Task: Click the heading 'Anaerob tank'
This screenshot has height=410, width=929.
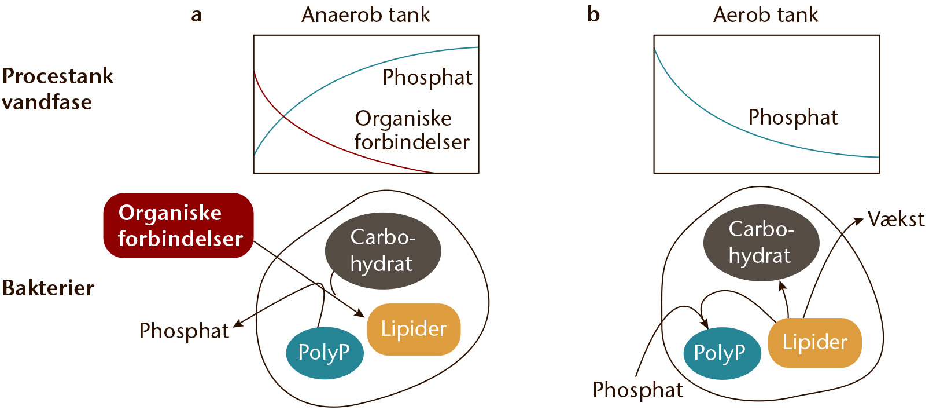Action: pos(366,15)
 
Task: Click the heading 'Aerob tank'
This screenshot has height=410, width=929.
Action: pos(765,15)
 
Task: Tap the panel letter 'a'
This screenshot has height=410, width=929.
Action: pos(197,16)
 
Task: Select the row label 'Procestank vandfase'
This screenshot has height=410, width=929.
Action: pos(58,89)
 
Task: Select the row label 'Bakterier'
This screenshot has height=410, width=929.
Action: pos(48,288)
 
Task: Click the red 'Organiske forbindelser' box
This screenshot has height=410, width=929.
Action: pos(178,226)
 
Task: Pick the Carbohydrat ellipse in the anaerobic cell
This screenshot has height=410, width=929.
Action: pos(383,251)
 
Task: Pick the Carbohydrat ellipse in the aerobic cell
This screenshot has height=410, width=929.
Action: pos(761,243)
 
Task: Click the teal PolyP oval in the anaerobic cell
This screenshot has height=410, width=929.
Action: pos(325,353)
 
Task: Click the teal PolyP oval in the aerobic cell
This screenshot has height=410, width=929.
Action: pos(722,353)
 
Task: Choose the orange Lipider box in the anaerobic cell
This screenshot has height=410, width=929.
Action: pos(414,330)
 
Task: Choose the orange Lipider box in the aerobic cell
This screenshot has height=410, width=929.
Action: pos(815,343)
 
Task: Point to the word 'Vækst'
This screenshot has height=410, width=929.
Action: pos(896,219)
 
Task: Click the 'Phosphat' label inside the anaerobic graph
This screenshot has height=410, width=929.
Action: pos(427,78)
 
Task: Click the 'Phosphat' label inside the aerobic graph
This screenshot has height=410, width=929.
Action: pos(793,118)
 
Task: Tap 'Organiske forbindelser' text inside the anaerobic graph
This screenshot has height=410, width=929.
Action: pos(412,130)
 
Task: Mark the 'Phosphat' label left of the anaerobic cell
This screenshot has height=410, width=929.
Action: pos(184,331)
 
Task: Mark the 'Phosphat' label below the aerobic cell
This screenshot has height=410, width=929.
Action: pos(637,390)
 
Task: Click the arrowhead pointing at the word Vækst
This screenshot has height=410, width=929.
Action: pos(860,219)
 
